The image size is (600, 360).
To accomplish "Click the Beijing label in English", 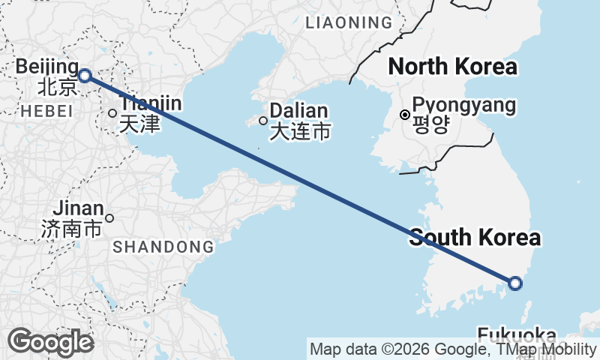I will (x=46, y=66).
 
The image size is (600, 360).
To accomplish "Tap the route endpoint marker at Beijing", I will (x=85, y=75).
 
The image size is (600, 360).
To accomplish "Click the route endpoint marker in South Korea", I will (x=515, y=283).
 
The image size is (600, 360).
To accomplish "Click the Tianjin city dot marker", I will (x=112, y=113).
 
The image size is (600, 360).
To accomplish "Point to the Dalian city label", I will (x=299, y=110).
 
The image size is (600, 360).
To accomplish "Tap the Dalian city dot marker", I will (x=263, y=120).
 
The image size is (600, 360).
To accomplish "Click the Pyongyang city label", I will (x=464, y=105).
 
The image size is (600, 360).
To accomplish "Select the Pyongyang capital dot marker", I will (x=405, y=115).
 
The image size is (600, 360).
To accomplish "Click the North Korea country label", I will (x=452, y=67).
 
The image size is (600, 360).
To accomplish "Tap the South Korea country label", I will (x=475, y=238).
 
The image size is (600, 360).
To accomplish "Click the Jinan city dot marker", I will (x=109, y=218).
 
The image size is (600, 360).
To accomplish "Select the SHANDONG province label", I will (x=163, y=246).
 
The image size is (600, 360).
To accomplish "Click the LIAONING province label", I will (x=349, y=23).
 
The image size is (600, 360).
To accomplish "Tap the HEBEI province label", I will (x=47, y=112).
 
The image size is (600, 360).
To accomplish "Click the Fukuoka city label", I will (x=517, y=334).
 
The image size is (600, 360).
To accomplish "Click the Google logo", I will (x=50, y=342).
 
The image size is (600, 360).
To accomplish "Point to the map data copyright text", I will (x=453, y=349).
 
